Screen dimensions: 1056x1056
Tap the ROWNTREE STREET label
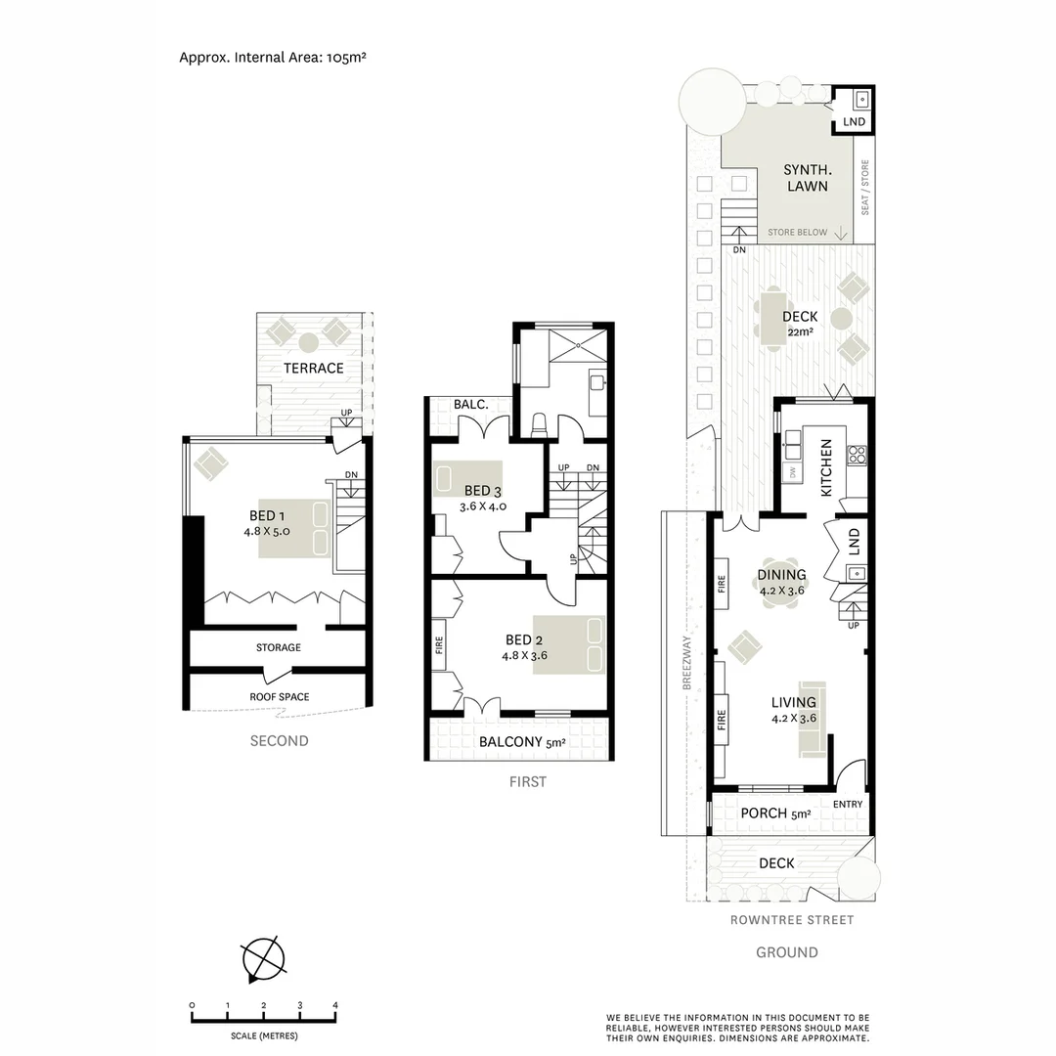pos(792,920)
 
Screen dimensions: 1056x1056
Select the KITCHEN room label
pos(826,467)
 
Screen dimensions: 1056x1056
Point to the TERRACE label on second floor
pos(314,369)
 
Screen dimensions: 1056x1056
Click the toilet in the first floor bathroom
pos(539,424)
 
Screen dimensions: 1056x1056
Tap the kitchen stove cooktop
pos(857,454)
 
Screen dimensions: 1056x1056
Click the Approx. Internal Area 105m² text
pos(272,57)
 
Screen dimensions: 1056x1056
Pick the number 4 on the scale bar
pos(335,1005)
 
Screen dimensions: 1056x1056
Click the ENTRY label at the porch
pos(848,805)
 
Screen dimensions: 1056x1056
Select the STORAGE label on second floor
pos(279,647)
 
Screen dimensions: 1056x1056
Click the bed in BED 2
pos(570,644)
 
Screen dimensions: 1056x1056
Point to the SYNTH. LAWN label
pos(806,178)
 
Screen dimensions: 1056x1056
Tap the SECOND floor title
pos(279,741)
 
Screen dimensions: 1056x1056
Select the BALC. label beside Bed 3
pos(470,405)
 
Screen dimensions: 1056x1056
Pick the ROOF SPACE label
pos(279,697)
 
